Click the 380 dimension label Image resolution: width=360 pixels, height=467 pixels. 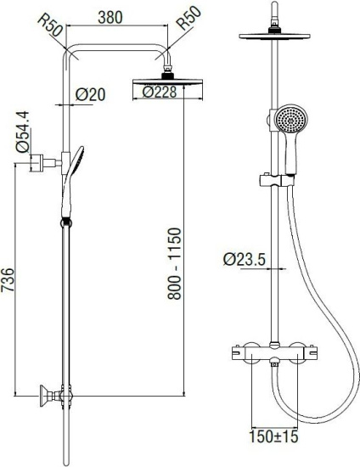coord(110,18)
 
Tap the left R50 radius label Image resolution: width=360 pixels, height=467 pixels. coord(50,26)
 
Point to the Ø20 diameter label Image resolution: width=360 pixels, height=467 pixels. coord(90,94)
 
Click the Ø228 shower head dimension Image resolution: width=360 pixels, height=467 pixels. coord(160,92)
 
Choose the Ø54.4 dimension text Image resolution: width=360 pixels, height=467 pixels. coord(22,132)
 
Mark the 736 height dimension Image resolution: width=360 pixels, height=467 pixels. coord(8,280)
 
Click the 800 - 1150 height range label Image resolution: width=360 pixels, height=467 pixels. coord(174,263)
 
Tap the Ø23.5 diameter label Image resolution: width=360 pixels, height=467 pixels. coord(245,259)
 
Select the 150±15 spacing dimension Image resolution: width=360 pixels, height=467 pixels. coord(273,436)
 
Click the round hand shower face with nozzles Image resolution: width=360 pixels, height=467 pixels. coord(290,119)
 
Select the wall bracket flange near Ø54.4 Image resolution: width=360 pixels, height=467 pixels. coord(37,163)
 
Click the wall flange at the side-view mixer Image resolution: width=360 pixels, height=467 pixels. coord(44,396)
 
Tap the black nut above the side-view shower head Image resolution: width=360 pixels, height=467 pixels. coord(274,30)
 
